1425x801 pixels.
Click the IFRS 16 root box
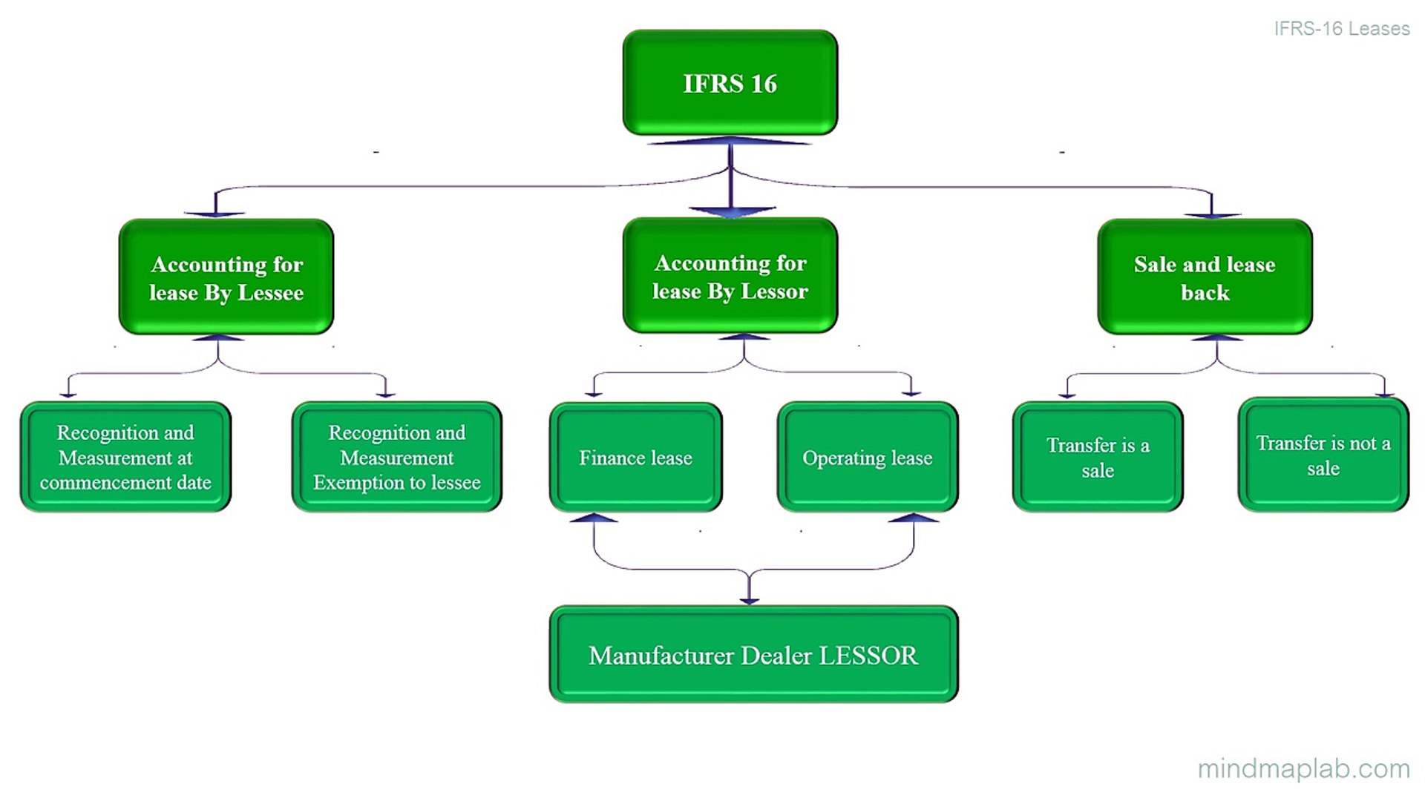point(730,82)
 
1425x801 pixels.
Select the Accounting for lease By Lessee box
point(226,277)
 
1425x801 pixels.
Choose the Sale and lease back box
point(1205,277)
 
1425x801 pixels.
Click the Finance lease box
point(635,457)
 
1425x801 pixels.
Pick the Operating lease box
point(867,457)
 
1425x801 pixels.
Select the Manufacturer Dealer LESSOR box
point(753,654)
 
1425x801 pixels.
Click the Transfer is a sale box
point(1098,457)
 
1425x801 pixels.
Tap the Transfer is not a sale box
point(1323,455)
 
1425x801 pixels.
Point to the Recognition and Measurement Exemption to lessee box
point(397,457)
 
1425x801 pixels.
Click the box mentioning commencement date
point(125,457)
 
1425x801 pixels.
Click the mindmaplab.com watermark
point(1303,768)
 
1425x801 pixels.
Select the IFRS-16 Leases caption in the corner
point(1341,28)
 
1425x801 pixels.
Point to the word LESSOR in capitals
point(868,656)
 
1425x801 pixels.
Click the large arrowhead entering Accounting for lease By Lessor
point(731,212)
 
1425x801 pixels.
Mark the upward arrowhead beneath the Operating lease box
point(913,518)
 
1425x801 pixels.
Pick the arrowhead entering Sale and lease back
point(1212,215)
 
